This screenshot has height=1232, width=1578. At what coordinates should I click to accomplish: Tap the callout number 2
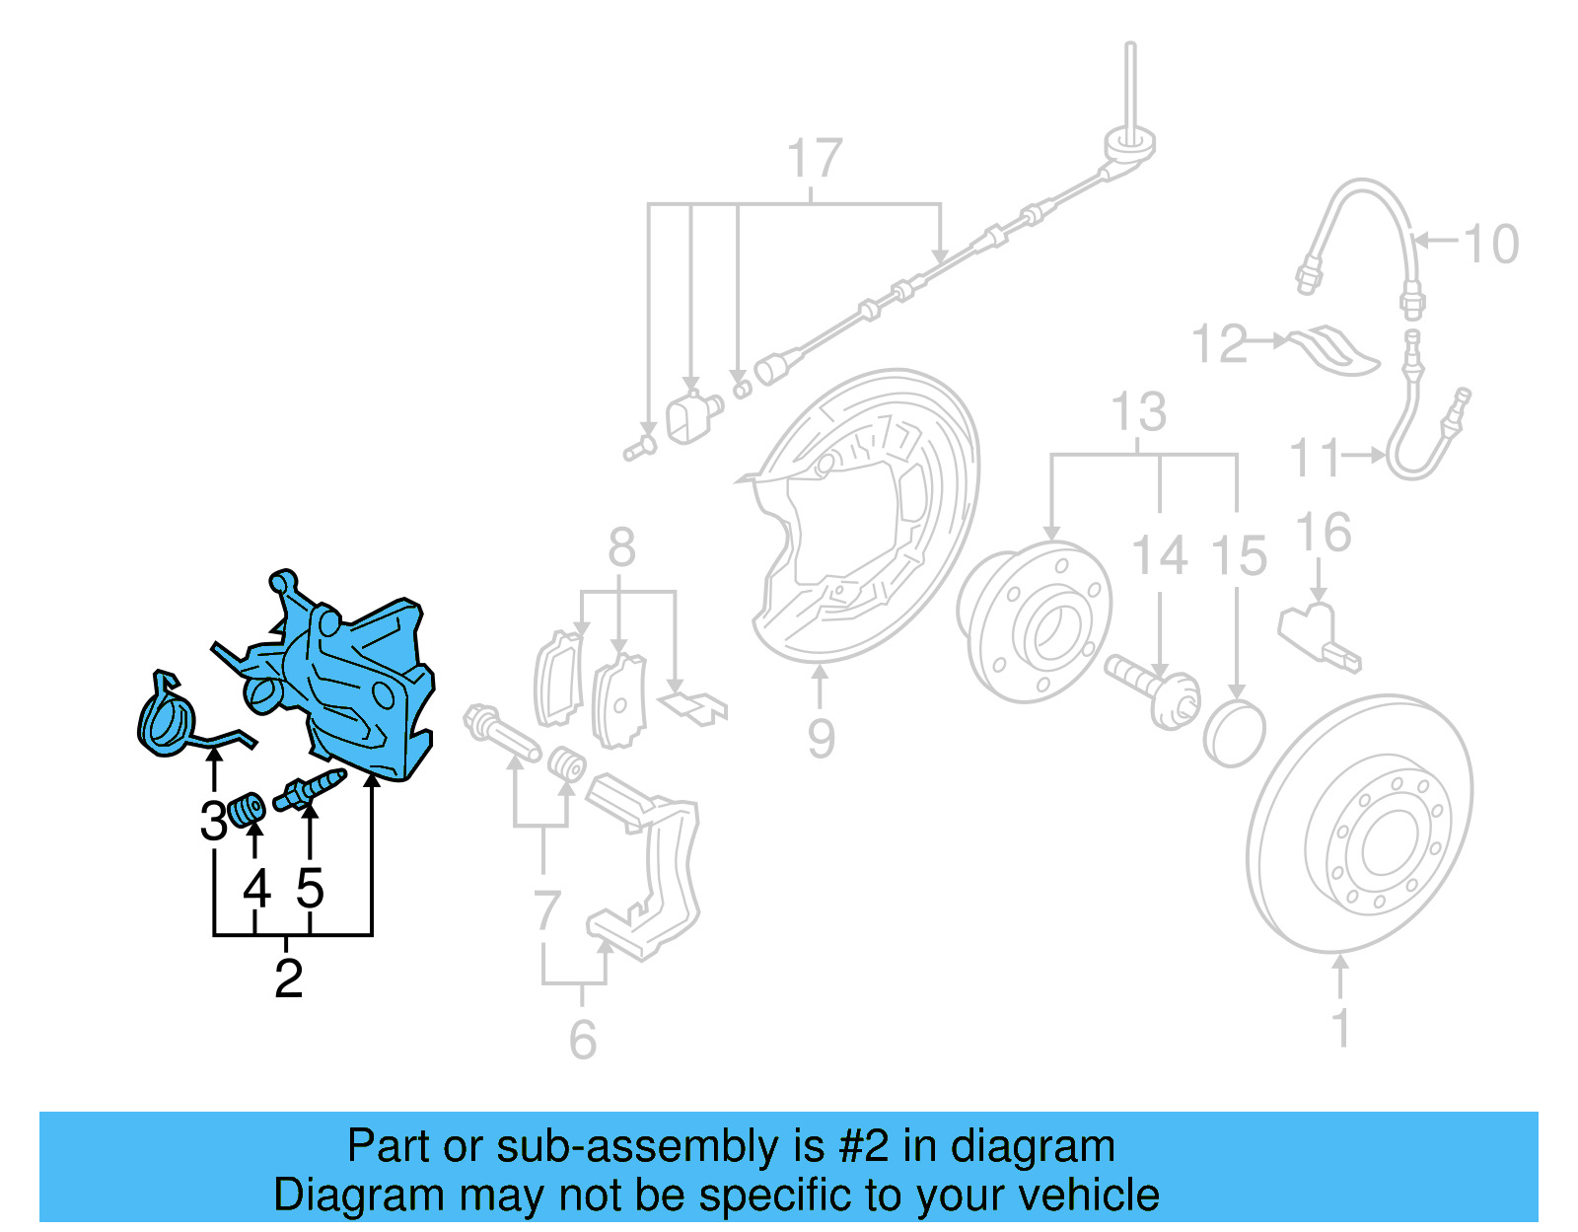pyautogui.click(x=288, y=978)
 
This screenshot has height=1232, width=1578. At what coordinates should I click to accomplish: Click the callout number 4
pyautogui.click(x=256, y=889)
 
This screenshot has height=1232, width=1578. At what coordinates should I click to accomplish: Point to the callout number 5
pyautogui.click(x=310, y=889)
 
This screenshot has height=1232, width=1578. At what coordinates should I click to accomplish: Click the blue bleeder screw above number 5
pyautogui.click(x=310, y=788)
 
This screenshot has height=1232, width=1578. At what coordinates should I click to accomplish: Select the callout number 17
pyautogui.click(x=815, y=159)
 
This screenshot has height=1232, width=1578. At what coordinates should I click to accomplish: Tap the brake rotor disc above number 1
pyautogui.click(x=1360, y=824)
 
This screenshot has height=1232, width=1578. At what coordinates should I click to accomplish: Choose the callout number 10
pyautogui.click(x=1490, y=244)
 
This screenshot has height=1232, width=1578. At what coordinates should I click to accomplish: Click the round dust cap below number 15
pyautogui.click(x=1234, y=733)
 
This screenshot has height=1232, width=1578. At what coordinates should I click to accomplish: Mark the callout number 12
pyautogui.click(x=1219, y=343)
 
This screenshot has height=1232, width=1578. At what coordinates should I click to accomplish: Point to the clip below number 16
pyautogui.click(x=1320, y=635)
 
